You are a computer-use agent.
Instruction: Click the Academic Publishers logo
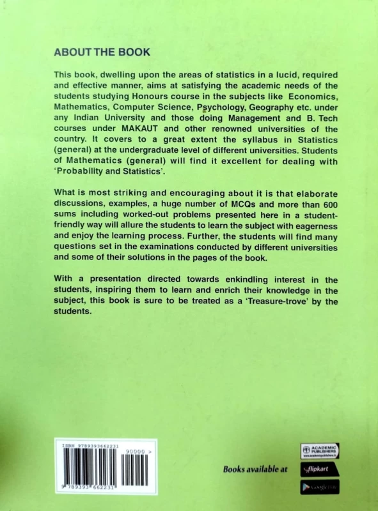point(319,450)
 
